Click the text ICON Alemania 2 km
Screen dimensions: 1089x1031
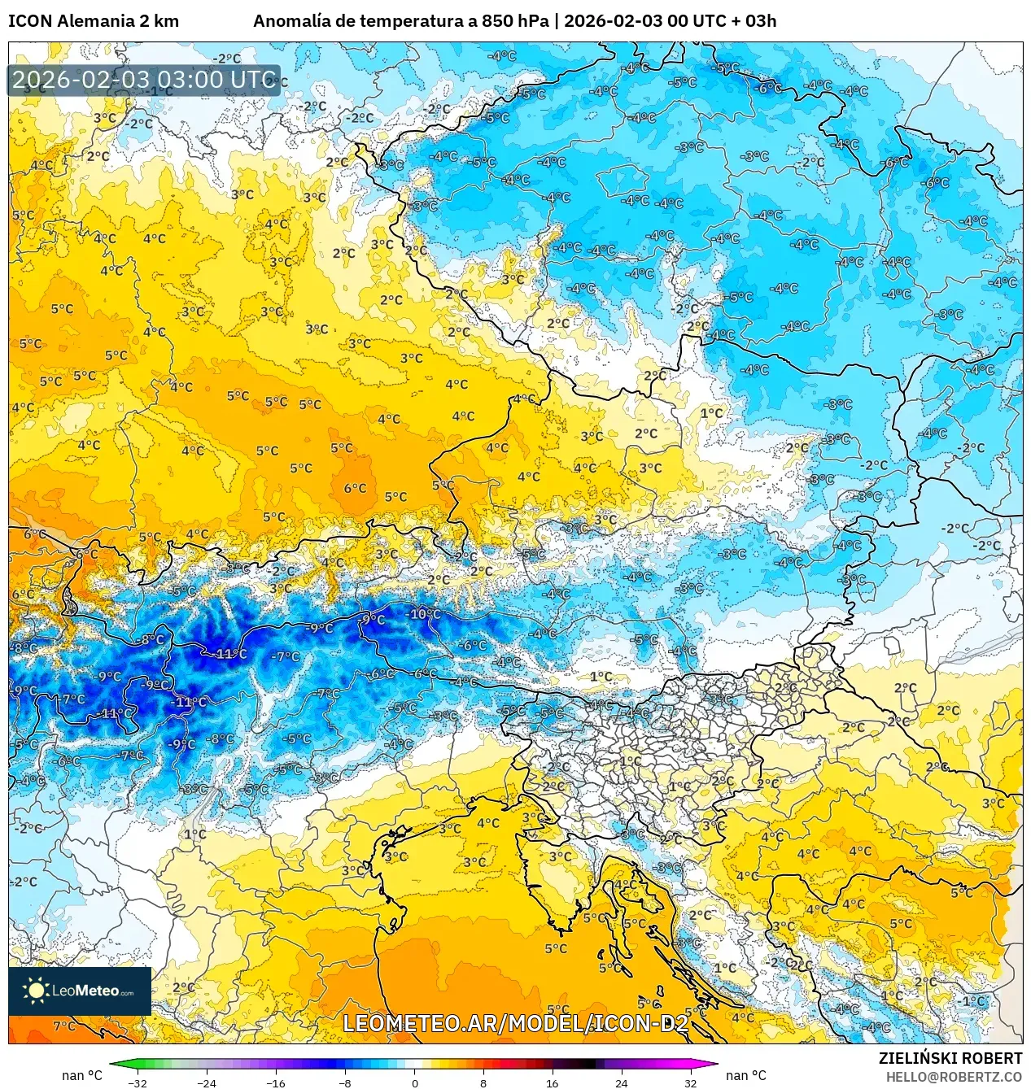pyautogui.click(x=94, y=21)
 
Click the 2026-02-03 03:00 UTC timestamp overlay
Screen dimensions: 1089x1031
pyautogui.click(x=144, y=80)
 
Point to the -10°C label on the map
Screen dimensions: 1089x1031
pyautogui.click(x=424, y=614)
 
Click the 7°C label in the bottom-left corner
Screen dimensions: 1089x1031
pyautogui.click(x=64, y=1026)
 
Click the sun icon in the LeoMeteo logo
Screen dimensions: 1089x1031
pyautogui.click(x=36, y=991)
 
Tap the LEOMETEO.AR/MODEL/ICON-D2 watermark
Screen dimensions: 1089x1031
pyautogui.click(x=515, y=1023)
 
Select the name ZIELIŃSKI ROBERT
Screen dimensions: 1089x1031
pyautogui.click(x=950, y=1058)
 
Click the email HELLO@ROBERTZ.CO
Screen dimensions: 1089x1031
pyautogui.click(x=954, y=1077)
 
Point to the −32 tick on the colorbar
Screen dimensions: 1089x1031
pyautogui.click(x=138, y=1082)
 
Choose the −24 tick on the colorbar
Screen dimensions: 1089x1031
pyautogui.click(x=207, y=1082)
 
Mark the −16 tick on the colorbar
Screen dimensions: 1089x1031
pyautogui.click(x=276, y=1082)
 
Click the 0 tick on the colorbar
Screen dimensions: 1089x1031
pyautogui.click(x=414, y=1082)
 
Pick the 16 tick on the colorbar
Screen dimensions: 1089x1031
pyautogui.click(x=553, y=1082)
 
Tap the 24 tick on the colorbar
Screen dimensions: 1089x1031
pyautogui.click(x=622, y=1082)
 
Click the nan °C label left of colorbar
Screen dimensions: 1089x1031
pyautogui.click(x=82, y=1075)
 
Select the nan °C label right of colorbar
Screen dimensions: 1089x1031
pyautogui.click(x=746, y=1075)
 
